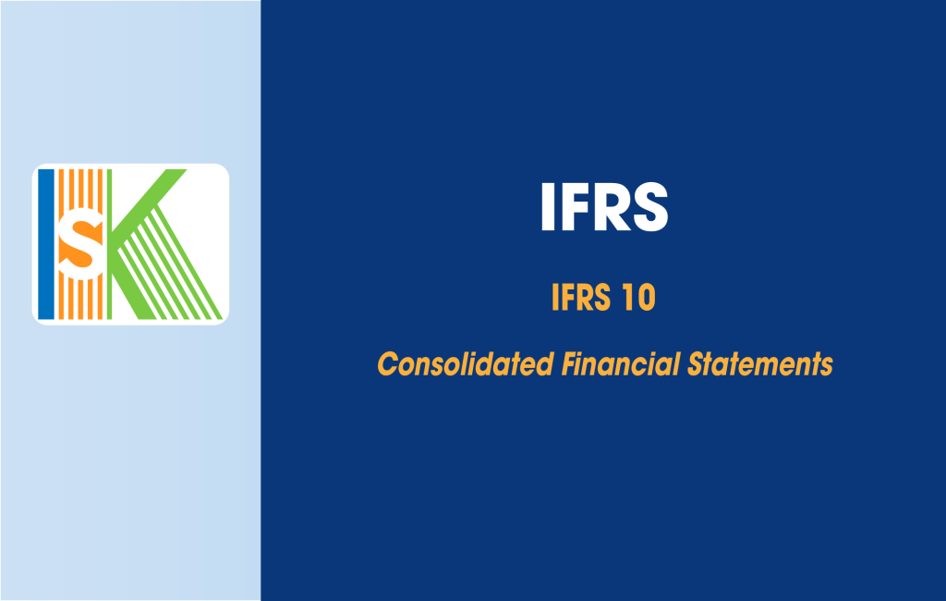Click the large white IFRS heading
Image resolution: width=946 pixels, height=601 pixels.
(603, 207)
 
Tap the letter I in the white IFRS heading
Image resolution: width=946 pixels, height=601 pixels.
(548, 207)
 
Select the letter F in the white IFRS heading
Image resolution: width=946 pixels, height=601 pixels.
(573, 207)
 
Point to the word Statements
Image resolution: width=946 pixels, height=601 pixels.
(759, 364)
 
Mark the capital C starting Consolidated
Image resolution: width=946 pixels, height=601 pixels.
(387, 364)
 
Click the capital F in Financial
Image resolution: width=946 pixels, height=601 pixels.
(567, 364)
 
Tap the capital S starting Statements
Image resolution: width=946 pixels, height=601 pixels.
(695, 364)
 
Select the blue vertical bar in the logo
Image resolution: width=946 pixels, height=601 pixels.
(46, 243)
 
